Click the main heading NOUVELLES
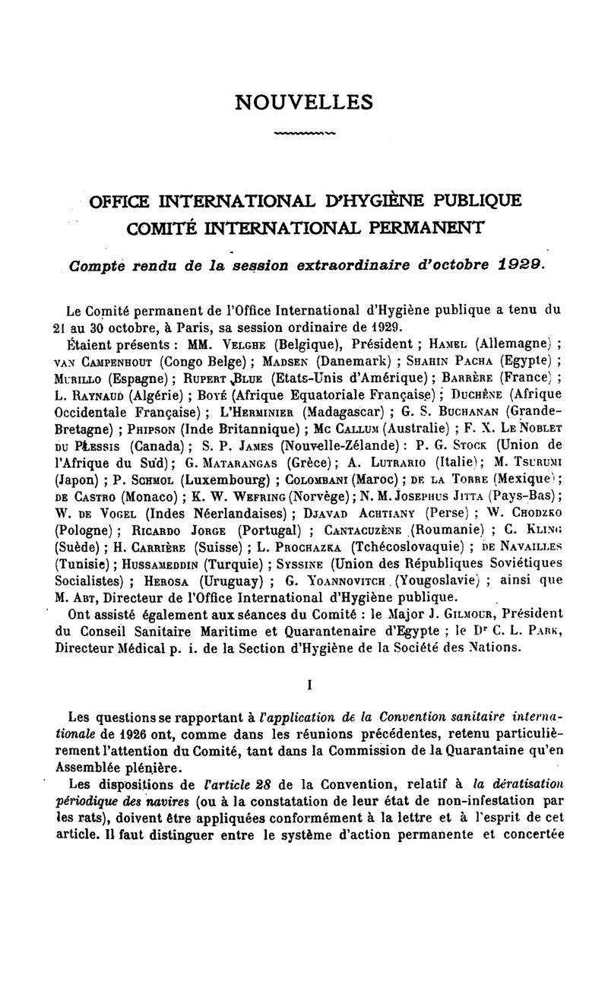305,101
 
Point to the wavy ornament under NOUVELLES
304,135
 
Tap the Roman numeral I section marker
309,684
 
